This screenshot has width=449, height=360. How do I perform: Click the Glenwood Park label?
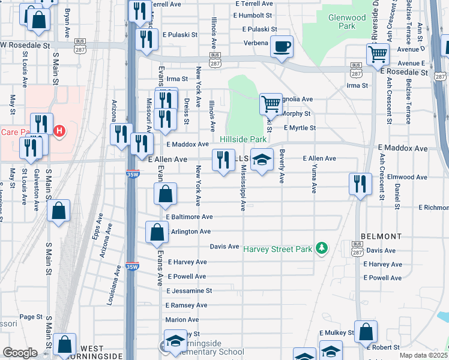tap(347, 22)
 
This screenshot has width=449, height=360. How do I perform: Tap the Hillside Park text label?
tap(243, 139)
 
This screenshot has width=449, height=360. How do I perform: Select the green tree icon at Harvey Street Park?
tap(322, 247)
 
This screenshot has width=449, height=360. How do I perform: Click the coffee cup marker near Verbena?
tap(282, 46)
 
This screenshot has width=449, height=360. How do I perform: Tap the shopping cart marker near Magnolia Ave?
tap(271, 103)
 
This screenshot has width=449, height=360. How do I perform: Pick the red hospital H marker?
tap(59, 131)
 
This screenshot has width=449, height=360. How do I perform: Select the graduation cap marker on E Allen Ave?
tap(261, 160)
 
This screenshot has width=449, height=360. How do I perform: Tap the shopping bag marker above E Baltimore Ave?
tap(165, 194)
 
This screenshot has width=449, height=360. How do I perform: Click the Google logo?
tap(20, 353)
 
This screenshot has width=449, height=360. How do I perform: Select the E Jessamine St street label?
tap(190, 290)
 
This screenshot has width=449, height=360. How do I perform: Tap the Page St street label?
tap(29, 317)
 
